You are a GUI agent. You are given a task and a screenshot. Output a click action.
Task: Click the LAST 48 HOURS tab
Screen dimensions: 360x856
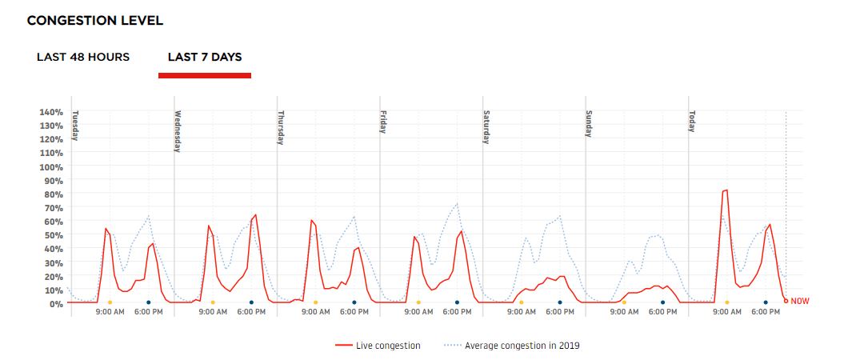pyautogui.click(x=83, y=58)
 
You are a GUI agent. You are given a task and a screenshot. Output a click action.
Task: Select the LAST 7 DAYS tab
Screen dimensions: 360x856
pyautogui.click(x=205, y=58)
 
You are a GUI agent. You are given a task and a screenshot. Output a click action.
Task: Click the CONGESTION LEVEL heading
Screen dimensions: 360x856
pyautogui.click(x=95, y=21)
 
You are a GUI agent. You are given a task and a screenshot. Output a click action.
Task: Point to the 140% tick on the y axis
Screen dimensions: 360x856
pyautogui.click(x=51, y=112)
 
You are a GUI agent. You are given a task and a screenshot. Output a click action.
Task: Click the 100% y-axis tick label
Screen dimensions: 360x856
pyautogui.click(x=51, y=167)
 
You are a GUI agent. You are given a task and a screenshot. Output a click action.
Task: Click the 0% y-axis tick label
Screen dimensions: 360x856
pyautogui.click(x=56, y=304)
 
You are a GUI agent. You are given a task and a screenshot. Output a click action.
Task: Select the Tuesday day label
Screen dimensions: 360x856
pyautogui.click(x=75, y=126)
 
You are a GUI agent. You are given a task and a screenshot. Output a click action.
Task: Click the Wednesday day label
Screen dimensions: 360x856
pyautogui.click(x=178, y=130)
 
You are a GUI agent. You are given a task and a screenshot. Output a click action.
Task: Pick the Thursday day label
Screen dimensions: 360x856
pyautogui.click(x=281, y=128)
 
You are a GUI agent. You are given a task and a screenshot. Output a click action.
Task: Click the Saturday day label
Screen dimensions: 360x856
pyautogui.click(x=486, y=127)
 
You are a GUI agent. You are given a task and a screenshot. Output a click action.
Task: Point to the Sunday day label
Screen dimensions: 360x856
pyautogui.click(x=589, y=124)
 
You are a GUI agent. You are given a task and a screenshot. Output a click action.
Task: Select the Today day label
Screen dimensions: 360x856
pyautogui.click(x=691, y=121)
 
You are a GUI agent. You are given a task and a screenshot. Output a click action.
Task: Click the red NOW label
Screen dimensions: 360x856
pyautogui.click(x=799, y=302)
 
